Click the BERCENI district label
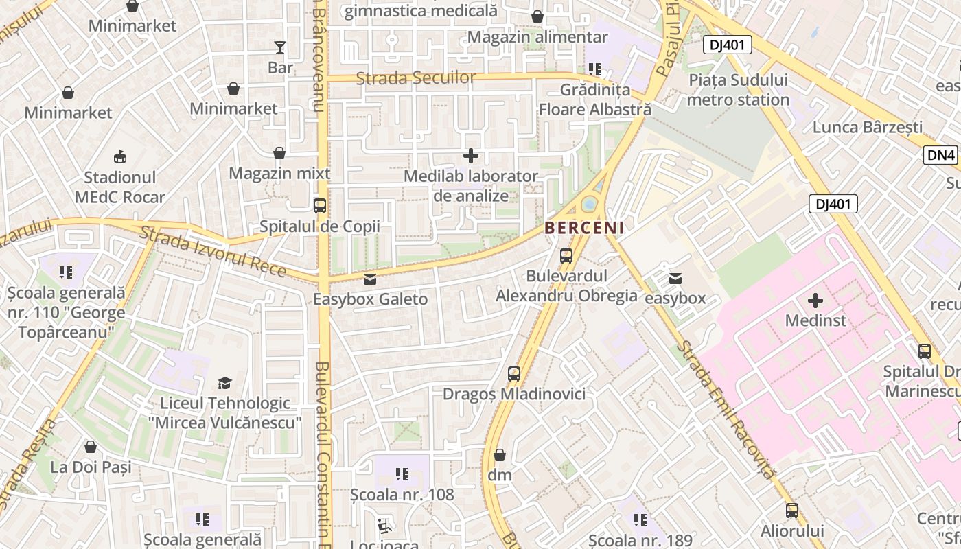pyautogui.click(x=584, y=227)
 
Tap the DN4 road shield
pyautogui.click(x=940, y=155)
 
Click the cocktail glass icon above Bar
pyautogui.click(x=280, y=47)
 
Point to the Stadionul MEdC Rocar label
pyautogui.click(x=120, y=187)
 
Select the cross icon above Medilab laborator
pyautogui.click(x=471, y=156)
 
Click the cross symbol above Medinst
pyautogui.click(x=815, y=300)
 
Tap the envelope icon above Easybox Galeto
pyautogui.click(x=370, y=279)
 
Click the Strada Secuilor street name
pyautogui.click(x=416, y=78)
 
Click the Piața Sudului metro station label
pyautogui.click(x=738, y=90)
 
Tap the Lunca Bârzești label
pyautogui.click(x=868, y=127)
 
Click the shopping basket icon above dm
pyautogui.click(x=500, y=455)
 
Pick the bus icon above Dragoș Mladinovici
pyautogui.click(x=514, y=374)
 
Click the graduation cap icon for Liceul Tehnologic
pyautogui.click(x=225, y=383)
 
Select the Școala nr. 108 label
pyautogui.click(x=402, y=494)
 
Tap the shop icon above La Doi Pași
pyautogui.click(x=91, y=447)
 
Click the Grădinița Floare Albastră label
pyautogui.click(x=594, y=100)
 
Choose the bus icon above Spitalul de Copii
pyautogui.click(x=319, y=206)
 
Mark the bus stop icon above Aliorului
pyautogui.click(x=792, y=511)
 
